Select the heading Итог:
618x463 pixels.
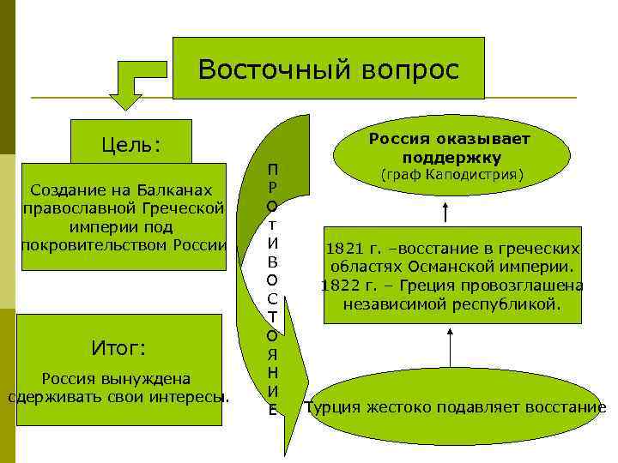118,348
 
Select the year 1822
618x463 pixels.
338,286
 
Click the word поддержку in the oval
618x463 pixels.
451,158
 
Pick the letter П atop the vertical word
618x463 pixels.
271,169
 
